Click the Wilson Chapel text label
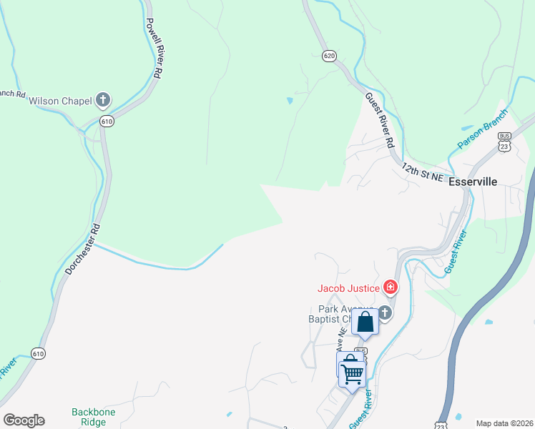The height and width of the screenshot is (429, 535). [x=60, y=101]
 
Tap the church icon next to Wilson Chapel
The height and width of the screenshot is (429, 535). [x=103, y=99]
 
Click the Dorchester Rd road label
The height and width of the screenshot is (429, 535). [x=84, y=248]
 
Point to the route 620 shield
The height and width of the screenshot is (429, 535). [x=329, y=56]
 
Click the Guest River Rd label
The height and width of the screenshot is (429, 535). [x=380, y=119]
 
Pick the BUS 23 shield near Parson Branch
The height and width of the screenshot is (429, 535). [x=505, y=141]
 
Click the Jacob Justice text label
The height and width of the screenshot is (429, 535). [x=349, y=288]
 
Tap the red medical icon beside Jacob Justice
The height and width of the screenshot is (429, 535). [x=391, y=288]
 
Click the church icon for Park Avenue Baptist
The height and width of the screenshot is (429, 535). [x=386, y=312]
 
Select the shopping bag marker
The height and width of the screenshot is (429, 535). [x=365, y=322]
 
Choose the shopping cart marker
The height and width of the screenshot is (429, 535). [x=351, y=371]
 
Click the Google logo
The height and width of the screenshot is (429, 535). [x=24, y=420]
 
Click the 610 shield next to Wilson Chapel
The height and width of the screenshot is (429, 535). [x=107, y=121]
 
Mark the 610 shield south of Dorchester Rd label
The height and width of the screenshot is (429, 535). [x=39, y=353]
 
